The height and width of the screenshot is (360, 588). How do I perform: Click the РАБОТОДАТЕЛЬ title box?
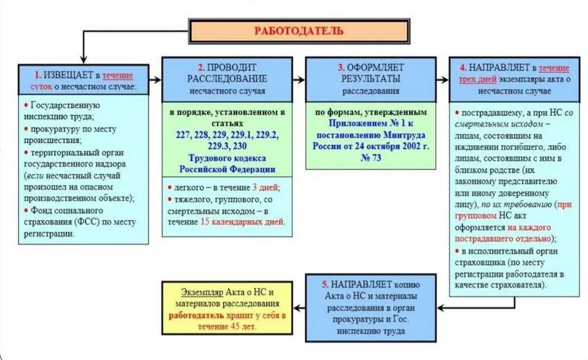pyautogui.click(x=298, y=30)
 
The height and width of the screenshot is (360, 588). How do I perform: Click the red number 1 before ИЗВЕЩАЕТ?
pyautogui.click(x=37, y=75)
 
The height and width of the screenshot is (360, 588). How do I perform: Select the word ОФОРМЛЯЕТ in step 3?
pyautogui.click(x=374, y=67)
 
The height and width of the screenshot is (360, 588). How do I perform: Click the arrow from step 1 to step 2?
pyautogui.click(x=154, y=80)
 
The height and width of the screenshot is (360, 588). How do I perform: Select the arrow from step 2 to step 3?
pyautogui.click(x=299, y=80)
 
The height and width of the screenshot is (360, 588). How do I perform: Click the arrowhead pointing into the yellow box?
pyautogui.click(x=297, y=307)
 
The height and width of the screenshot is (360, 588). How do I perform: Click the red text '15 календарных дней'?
pyautogui.click(x=242, y=222)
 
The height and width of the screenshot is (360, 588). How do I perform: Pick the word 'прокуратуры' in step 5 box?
pyautogui.click(x=358, y=320)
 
